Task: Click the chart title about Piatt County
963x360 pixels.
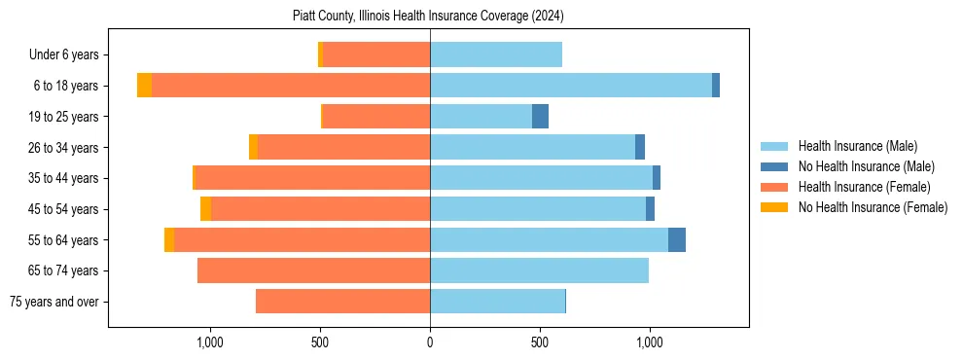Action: (x=428, y=17)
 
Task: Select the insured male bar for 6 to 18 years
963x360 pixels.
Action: (x=571, y=86)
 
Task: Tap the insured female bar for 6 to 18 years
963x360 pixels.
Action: (x=291, y=86)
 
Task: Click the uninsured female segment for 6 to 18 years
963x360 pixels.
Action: (x=144, y=86)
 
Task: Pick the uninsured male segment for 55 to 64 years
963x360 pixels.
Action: (x=676, y=239)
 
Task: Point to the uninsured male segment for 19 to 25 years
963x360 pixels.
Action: (x=540, y=117)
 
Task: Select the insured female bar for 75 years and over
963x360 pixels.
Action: (x=342, y=302)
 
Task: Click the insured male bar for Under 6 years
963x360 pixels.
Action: (x=496, y=54)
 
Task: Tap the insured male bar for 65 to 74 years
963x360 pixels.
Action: (x=539, y=270)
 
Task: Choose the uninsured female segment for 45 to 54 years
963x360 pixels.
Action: (x=205, y=209)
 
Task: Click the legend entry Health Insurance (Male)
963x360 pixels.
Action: (x=857, y=146)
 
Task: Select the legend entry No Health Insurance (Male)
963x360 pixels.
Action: (x=866, y=166)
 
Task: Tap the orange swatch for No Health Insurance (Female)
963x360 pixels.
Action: (x=774, y=207)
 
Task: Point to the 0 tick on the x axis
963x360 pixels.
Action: (x=430, y=342)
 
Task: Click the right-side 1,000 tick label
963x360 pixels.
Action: (x=650, y=342)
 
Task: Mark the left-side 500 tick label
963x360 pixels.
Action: (x=320, y=342)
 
